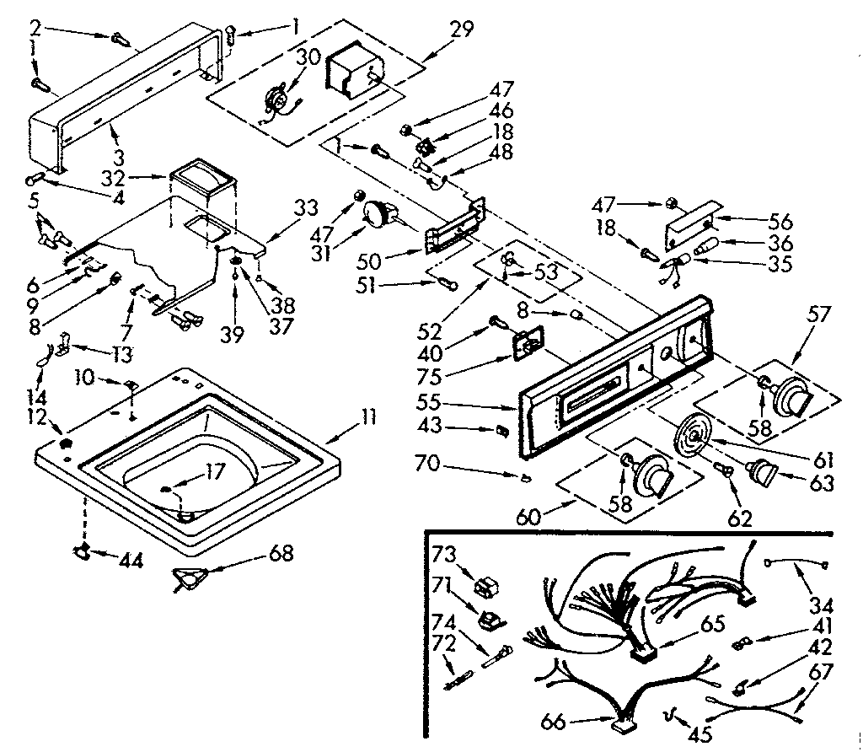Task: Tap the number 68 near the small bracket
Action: [x=281, y=554]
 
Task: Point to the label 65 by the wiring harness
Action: [x=712, y=626]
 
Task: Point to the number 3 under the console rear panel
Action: [x=119, y=156]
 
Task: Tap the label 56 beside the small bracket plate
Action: [x=780, y=223]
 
